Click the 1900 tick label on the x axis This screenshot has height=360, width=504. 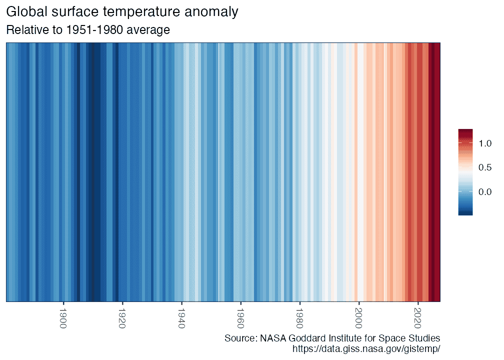63,318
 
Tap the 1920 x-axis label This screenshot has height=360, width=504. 122,318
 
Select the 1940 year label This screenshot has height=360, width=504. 181,318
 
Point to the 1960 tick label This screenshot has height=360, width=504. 240,318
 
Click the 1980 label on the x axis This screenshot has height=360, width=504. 299,318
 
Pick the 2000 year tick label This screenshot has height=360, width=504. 358,318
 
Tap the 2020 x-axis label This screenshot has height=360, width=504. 417,318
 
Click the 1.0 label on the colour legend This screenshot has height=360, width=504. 485,143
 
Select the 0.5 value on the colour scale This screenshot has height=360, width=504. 485,167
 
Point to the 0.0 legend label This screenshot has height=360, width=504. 485,192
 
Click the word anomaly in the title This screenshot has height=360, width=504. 211,12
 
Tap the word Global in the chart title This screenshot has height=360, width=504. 26,11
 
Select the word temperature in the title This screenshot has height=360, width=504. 141,12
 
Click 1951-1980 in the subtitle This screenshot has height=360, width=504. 94,30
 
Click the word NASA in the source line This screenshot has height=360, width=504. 273,338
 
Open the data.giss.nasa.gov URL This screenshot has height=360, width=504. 366,349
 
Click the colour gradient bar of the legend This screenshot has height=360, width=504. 465,172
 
